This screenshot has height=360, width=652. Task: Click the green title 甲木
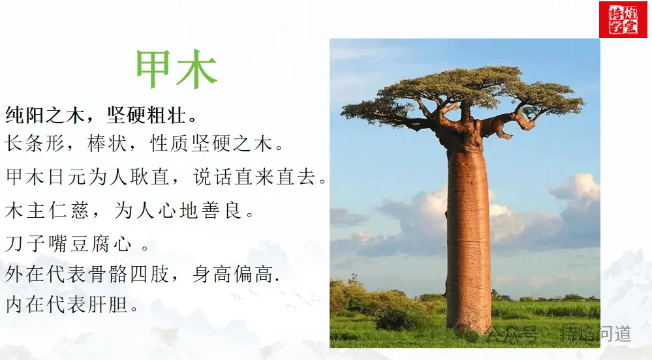pyautogui.click(x=176, y=70)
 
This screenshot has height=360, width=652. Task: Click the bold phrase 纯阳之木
pyautogui.click(x=46, y=115)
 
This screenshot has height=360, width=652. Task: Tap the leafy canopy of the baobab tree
pyautogui.click(x=463, y=91)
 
